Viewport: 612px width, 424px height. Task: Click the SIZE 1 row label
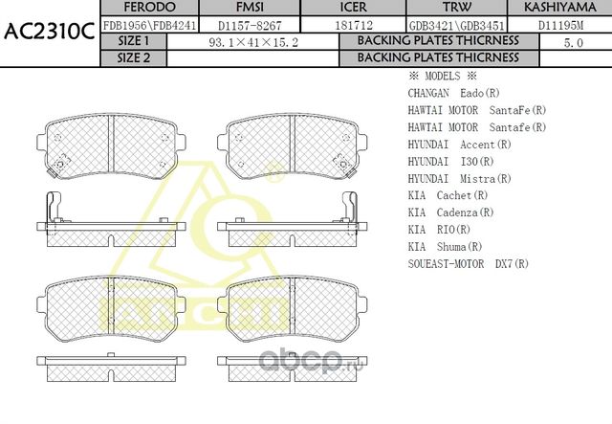[133, 42]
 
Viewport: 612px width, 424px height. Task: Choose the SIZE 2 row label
[133, 58]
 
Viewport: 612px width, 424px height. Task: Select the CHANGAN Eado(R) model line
[453, 94]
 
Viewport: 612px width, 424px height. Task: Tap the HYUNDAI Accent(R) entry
[459, 145]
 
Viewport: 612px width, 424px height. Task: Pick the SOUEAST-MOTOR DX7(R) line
[468, 263]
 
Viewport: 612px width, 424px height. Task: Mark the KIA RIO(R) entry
[439, 230]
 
